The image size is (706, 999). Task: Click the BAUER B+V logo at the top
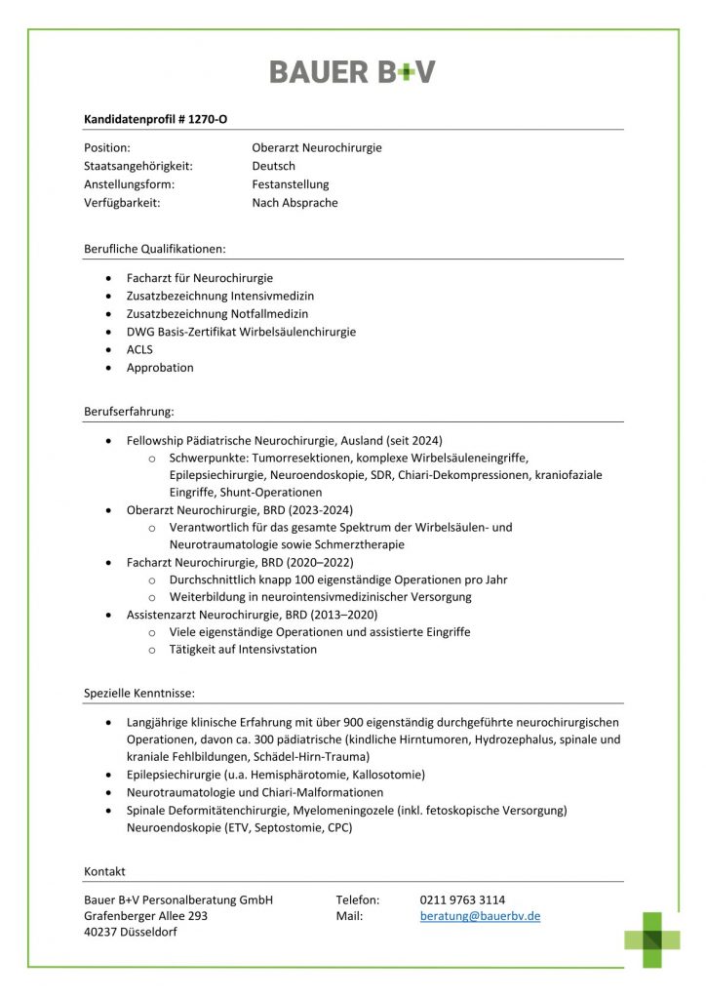[x=352, y=71]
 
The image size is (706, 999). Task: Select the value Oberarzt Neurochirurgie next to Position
[x=317, y=148]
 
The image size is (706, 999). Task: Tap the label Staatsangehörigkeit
[x=138, y=166]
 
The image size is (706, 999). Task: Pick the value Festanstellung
[x=291, y=184]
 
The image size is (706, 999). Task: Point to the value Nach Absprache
[x=294, y=203]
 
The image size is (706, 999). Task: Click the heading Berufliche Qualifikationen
[x=154, y=249]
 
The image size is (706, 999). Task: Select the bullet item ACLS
[x=139, y=349]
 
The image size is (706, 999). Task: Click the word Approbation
[x=160, y=368]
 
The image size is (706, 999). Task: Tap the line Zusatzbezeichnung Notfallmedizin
[x=216, y=313]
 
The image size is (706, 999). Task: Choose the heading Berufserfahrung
[x=129, y=412]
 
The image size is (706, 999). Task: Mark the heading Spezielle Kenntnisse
[x=138, y=694]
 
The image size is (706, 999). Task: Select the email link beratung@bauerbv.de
[x=480, y=917]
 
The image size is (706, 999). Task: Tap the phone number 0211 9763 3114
[x=462, y=899]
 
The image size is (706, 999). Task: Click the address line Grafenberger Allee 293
[x=145, y=917]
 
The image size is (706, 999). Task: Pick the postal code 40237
[x=100, y=934]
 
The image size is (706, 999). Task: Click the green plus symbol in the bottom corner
[x=652, y=939]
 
